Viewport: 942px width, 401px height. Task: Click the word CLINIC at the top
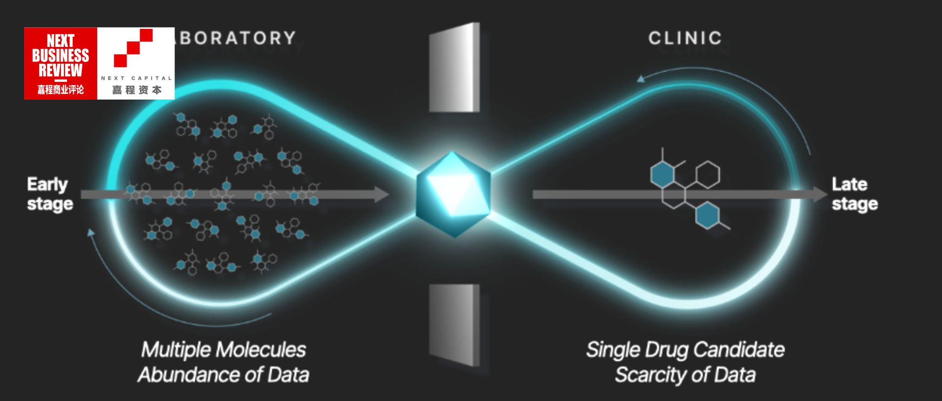click(x=685, y=38)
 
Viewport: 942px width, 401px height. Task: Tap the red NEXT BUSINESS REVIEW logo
click(x=60, y=63)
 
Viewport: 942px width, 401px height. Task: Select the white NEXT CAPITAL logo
click(x=136, y=63)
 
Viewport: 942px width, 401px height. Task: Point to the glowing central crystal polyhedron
click(x=454, y=194)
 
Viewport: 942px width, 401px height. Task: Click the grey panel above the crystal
click(x=454, y=68)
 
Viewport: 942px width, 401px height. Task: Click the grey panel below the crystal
click(x=454, y=325)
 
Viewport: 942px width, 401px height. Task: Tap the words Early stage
click(x=50, y=194)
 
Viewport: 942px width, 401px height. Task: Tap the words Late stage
click(x=855, y=194)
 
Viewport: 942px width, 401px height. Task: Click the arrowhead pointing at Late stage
click(x=820, y=194)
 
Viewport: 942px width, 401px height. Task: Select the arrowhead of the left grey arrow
click(x=381, y=194)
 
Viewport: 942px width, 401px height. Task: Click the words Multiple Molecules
click(x=224, y=350)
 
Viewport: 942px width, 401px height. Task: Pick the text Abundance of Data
click(x=224, y=375)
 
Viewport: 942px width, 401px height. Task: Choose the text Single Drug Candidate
click(x=685, y=350)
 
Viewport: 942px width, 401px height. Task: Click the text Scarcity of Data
click(x=685, y=375)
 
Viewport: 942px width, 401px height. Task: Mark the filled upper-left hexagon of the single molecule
click(x=662, y=174)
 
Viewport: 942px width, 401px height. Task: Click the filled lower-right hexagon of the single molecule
click(x=707, y=215)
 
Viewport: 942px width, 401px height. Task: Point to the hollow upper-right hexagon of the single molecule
click(x=708, y=174)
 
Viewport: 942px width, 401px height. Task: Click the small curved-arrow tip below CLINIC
click(x=641, y=79)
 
